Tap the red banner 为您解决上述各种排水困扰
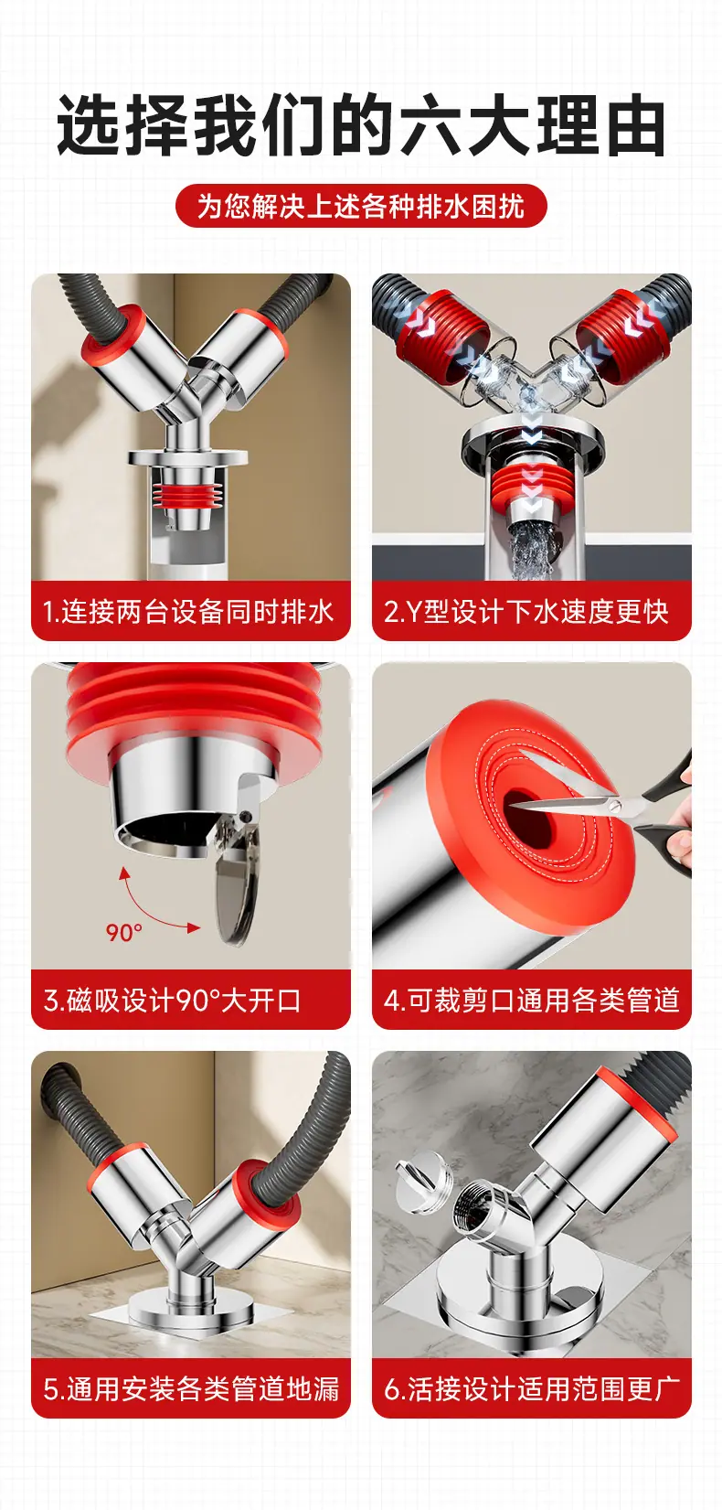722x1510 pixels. tap(361, 207)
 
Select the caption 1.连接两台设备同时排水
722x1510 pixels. tap(188, 612)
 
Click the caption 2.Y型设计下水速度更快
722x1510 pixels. tap(526, 612)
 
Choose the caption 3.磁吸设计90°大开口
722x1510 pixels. tap(172, 1001)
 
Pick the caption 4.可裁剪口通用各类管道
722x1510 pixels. tap(531, 1001)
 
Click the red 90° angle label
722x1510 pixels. tap(124, 933)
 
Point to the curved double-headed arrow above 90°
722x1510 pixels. tap(147, 904)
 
